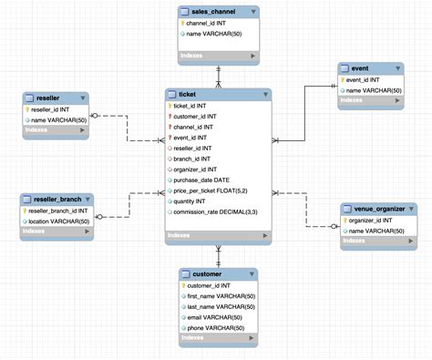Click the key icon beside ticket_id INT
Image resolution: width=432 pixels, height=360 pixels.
click(170, 107)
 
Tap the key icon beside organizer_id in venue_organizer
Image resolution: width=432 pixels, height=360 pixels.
click(344, 220)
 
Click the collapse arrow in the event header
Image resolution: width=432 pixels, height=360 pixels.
click(399, 67)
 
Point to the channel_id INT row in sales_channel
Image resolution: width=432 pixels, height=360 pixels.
click(213, 24)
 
